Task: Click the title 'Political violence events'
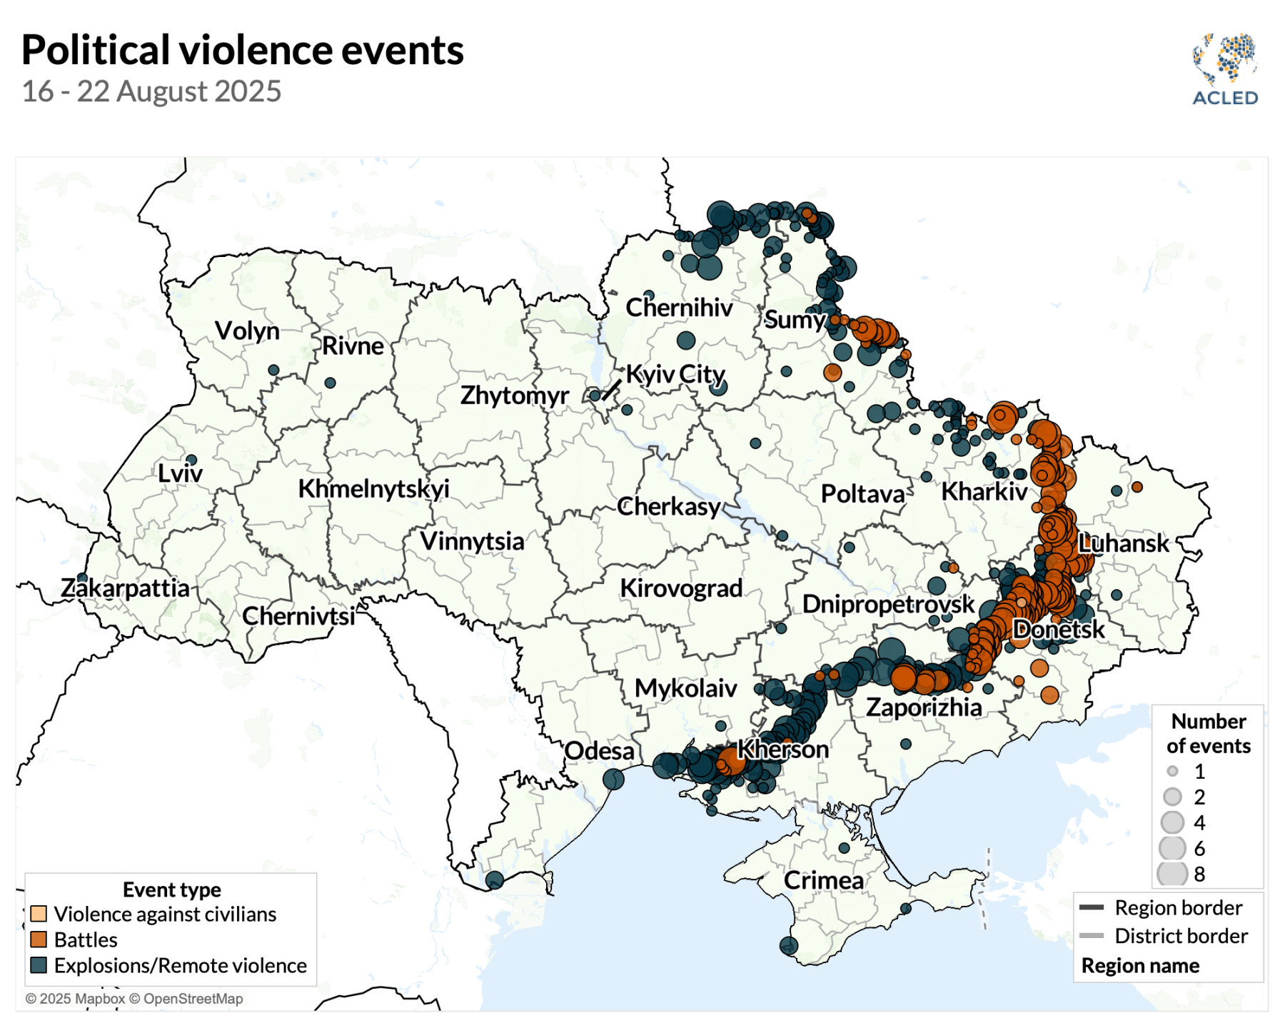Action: (243, 50)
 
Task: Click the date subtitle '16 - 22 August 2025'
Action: (151, 91)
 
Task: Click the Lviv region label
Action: (180, 473)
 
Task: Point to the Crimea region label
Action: (823, 880)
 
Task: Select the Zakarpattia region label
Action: (125, 588)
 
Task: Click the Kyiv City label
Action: (675, 374)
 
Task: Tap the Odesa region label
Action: (599, 751)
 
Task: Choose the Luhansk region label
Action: (1124, 543)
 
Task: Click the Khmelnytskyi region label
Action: (373, 489)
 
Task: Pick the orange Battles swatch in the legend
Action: (39, 939)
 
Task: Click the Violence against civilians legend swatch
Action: (39, 914)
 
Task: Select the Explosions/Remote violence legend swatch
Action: (39, 965)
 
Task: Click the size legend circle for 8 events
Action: (1172, 874)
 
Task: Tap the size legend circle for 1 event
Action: (1172, 771)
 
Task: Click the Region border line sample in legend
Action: (1092, 908)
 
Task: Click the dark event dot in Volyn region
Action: (273, 370)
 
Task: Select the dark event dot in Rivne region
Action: (330, 383)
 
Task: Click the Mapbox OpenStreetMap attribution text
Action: (134, 999)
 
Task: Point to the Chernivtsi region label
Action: (298, 616)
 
